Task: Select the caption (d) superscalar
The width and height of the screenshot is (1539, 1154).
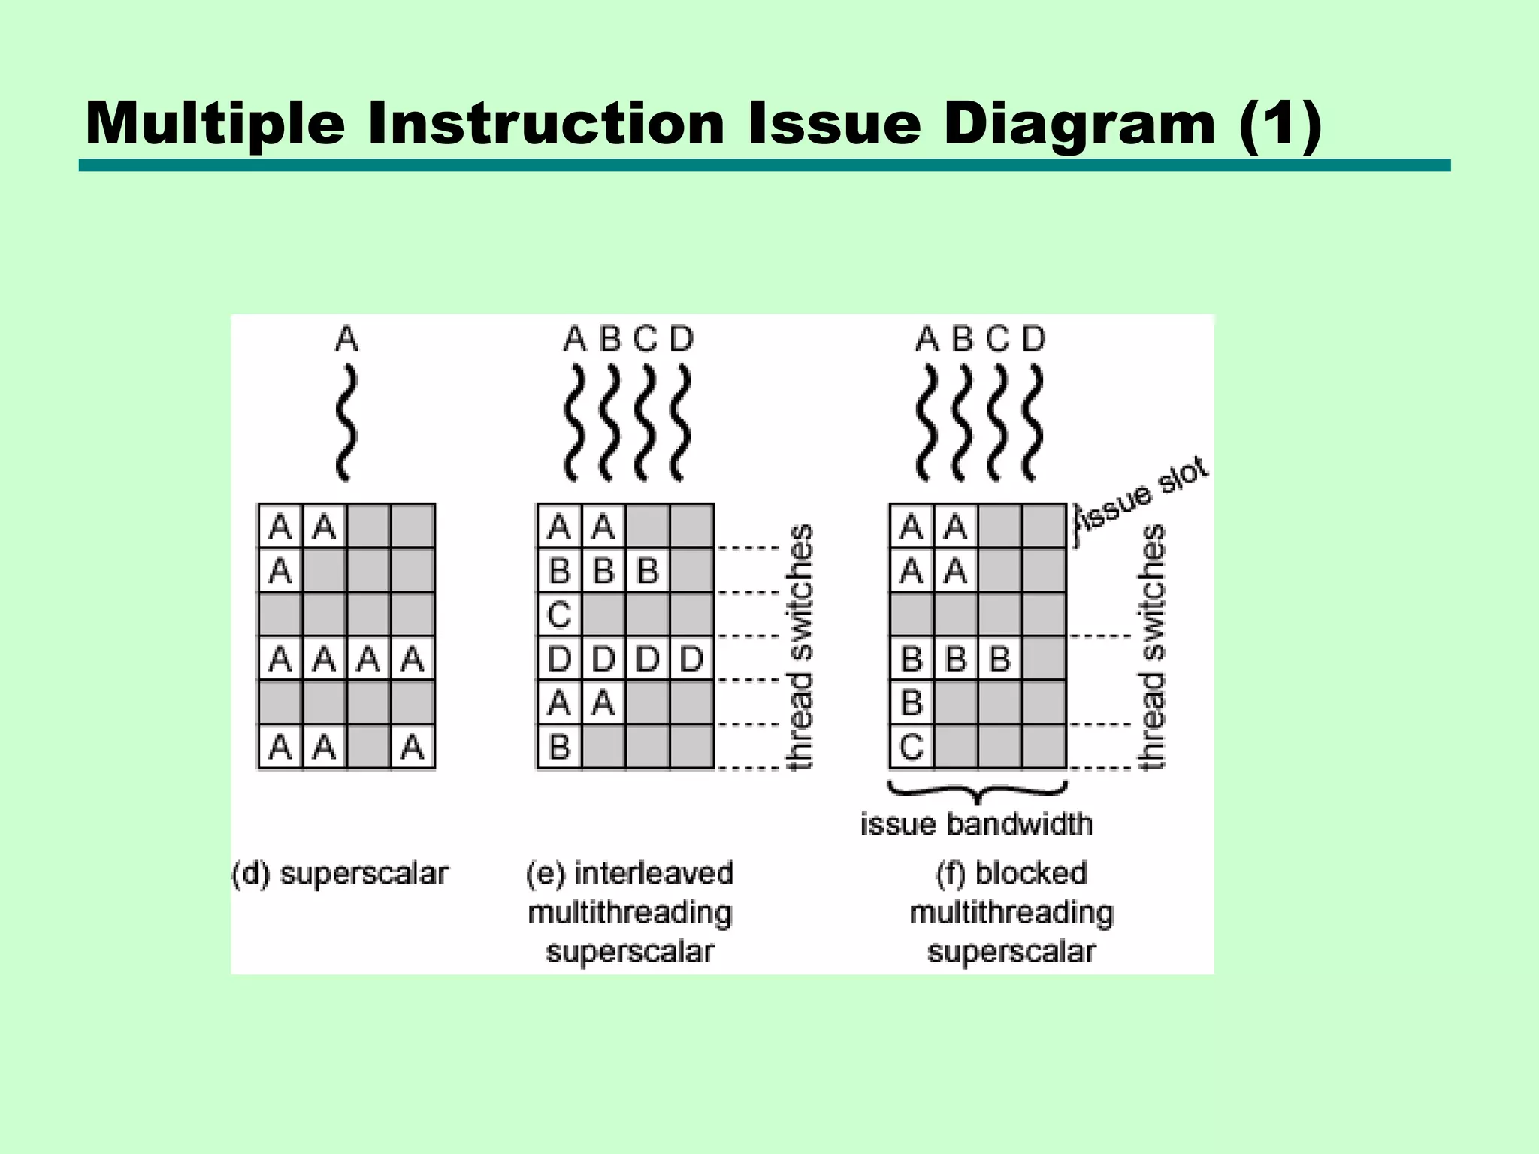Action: click(340, 875)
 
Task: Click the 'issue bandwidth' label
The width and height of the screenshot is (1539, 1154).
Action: click(976, 825)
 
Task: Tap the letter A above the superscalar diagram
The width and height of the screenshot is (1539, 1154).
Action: click(346, 340)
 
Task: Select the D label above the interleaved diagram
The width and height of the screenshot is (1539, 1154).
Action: click(681, 340)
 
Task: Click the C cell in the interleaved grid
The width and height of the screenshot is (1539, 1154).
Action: click(559, 615)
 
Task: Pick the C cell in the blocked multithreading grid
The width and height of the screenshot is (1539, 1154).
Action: click(911, 748)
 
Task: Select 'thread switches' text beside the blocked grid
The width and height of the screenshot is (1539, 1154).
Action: click(1153, 647)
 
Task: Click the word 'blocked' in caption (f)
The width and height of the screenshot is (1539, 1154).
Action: click(1031, 874)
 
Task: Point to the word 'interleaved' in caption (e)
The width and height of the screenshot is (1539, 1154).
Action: click(653, 874)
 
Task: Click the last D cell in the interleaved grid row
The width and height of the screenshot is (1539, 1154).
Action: click(691, 660)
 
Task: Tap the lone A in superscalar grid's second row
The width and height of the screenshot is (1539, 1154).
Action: click(280, 572)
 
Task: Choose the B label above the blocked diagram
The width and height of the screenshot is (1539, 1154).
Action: click(963, 340)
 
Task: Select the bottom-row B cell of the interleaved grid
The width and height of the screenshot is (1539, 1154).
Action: click(559, 748)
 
